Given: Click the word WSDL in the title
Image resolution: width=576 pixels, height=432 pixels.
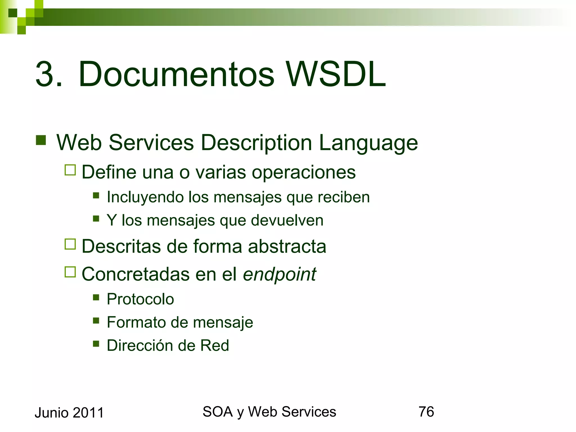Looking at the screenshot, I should tap(336, 74).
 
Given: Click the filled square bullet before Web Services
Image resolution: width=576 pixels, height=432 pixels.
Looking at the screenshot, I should tap(41, 140).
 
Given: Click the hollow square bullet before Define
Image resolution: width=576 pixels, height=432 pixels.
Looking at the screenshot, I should tap(70, 170).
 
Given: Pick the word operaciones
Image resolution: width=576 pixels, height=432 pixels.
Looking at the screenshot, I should tap(303, 172).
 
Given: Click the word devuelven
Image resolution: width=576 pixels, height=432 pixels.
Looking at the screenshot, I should tap(287, 220).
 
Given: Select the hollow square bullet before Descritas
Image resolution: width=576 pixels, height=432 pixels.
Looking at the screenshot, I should tap(70, 244).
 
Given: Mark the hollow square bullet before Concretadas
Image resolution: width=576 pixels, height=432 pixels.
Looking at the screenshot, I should tap(70, 272).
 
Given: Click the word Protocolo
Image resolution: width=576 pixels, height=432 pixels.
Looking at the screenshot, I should tap(140, 299).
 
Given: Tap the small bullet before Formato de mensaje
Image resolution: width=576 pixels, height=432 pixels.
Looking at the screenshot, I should tap(96, 320).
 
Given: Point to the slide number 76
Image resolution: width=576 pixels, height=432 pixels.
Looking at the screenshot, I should tap(426, 412).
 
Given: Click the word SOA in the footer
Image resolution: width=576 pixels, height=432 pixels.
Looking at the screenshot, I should tap(217, 412).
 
